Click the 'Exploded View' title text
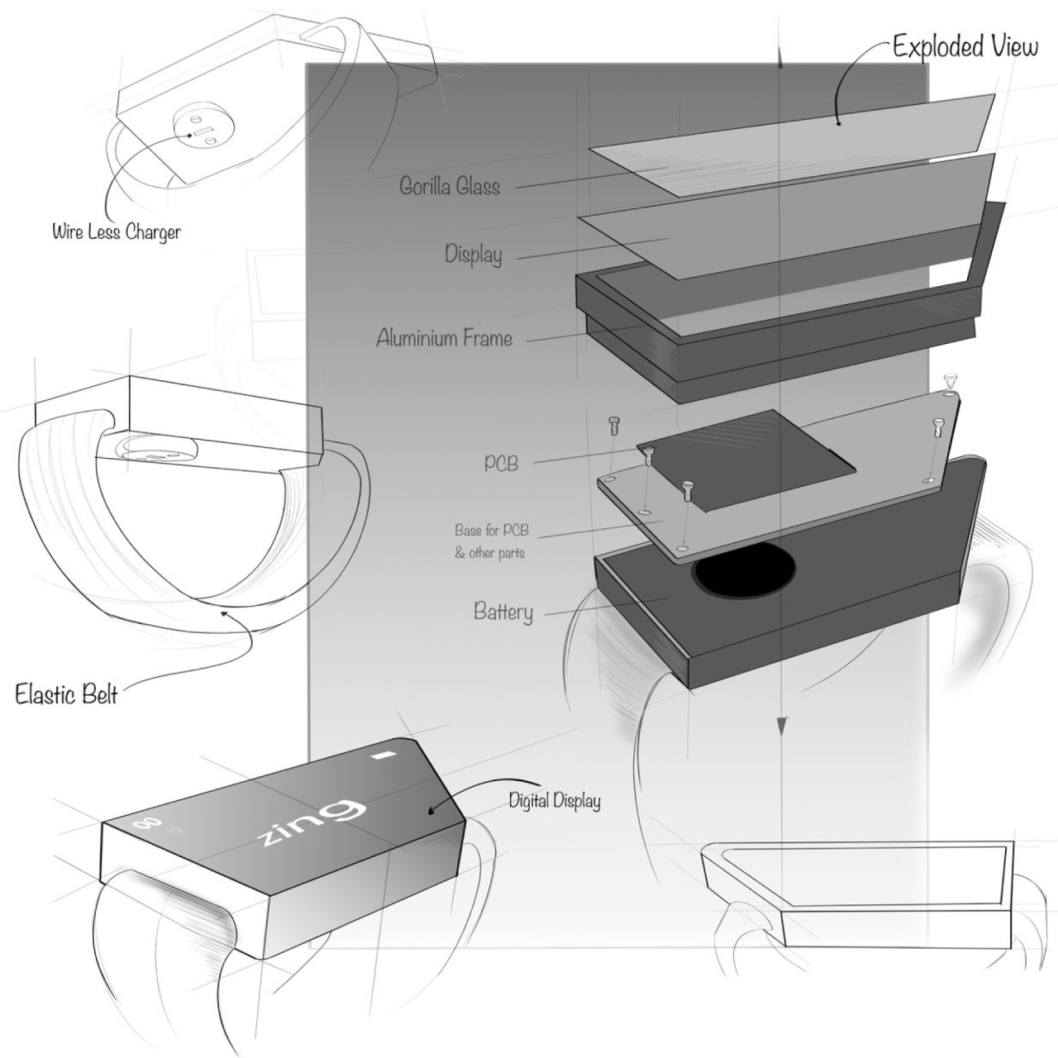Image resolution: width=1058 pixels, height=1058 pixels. [x=965, y=46]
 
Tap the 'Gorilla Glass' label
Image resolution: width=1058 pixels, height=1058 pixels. [x=450, y=186]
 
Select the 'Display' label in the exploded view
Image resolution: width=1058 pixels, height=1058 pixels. [x=474, y=254]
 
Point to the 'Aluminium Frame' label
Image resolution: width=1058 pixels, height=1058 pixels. [x=444, y=338]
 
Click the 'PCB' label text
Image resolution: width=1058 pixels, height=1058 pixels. [x=501, y=463]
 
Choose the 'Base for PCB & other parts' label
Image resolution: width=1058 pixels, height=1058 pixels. [x=490, y=541]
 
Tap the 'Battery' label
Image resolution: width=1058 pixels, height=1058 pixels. [x=503, y=612]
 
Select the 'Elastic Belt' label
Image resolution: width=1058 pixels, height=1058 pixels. [x=66, y=693]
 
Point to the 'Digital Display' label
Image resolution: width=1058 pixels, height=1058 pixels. [x=554, y=800]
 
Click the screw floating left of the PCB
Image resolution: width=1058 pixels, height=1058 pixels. [x=613, y=425]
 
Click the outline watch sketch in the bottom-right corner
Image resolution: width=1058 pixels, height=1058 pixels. [x=860, y=893]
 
